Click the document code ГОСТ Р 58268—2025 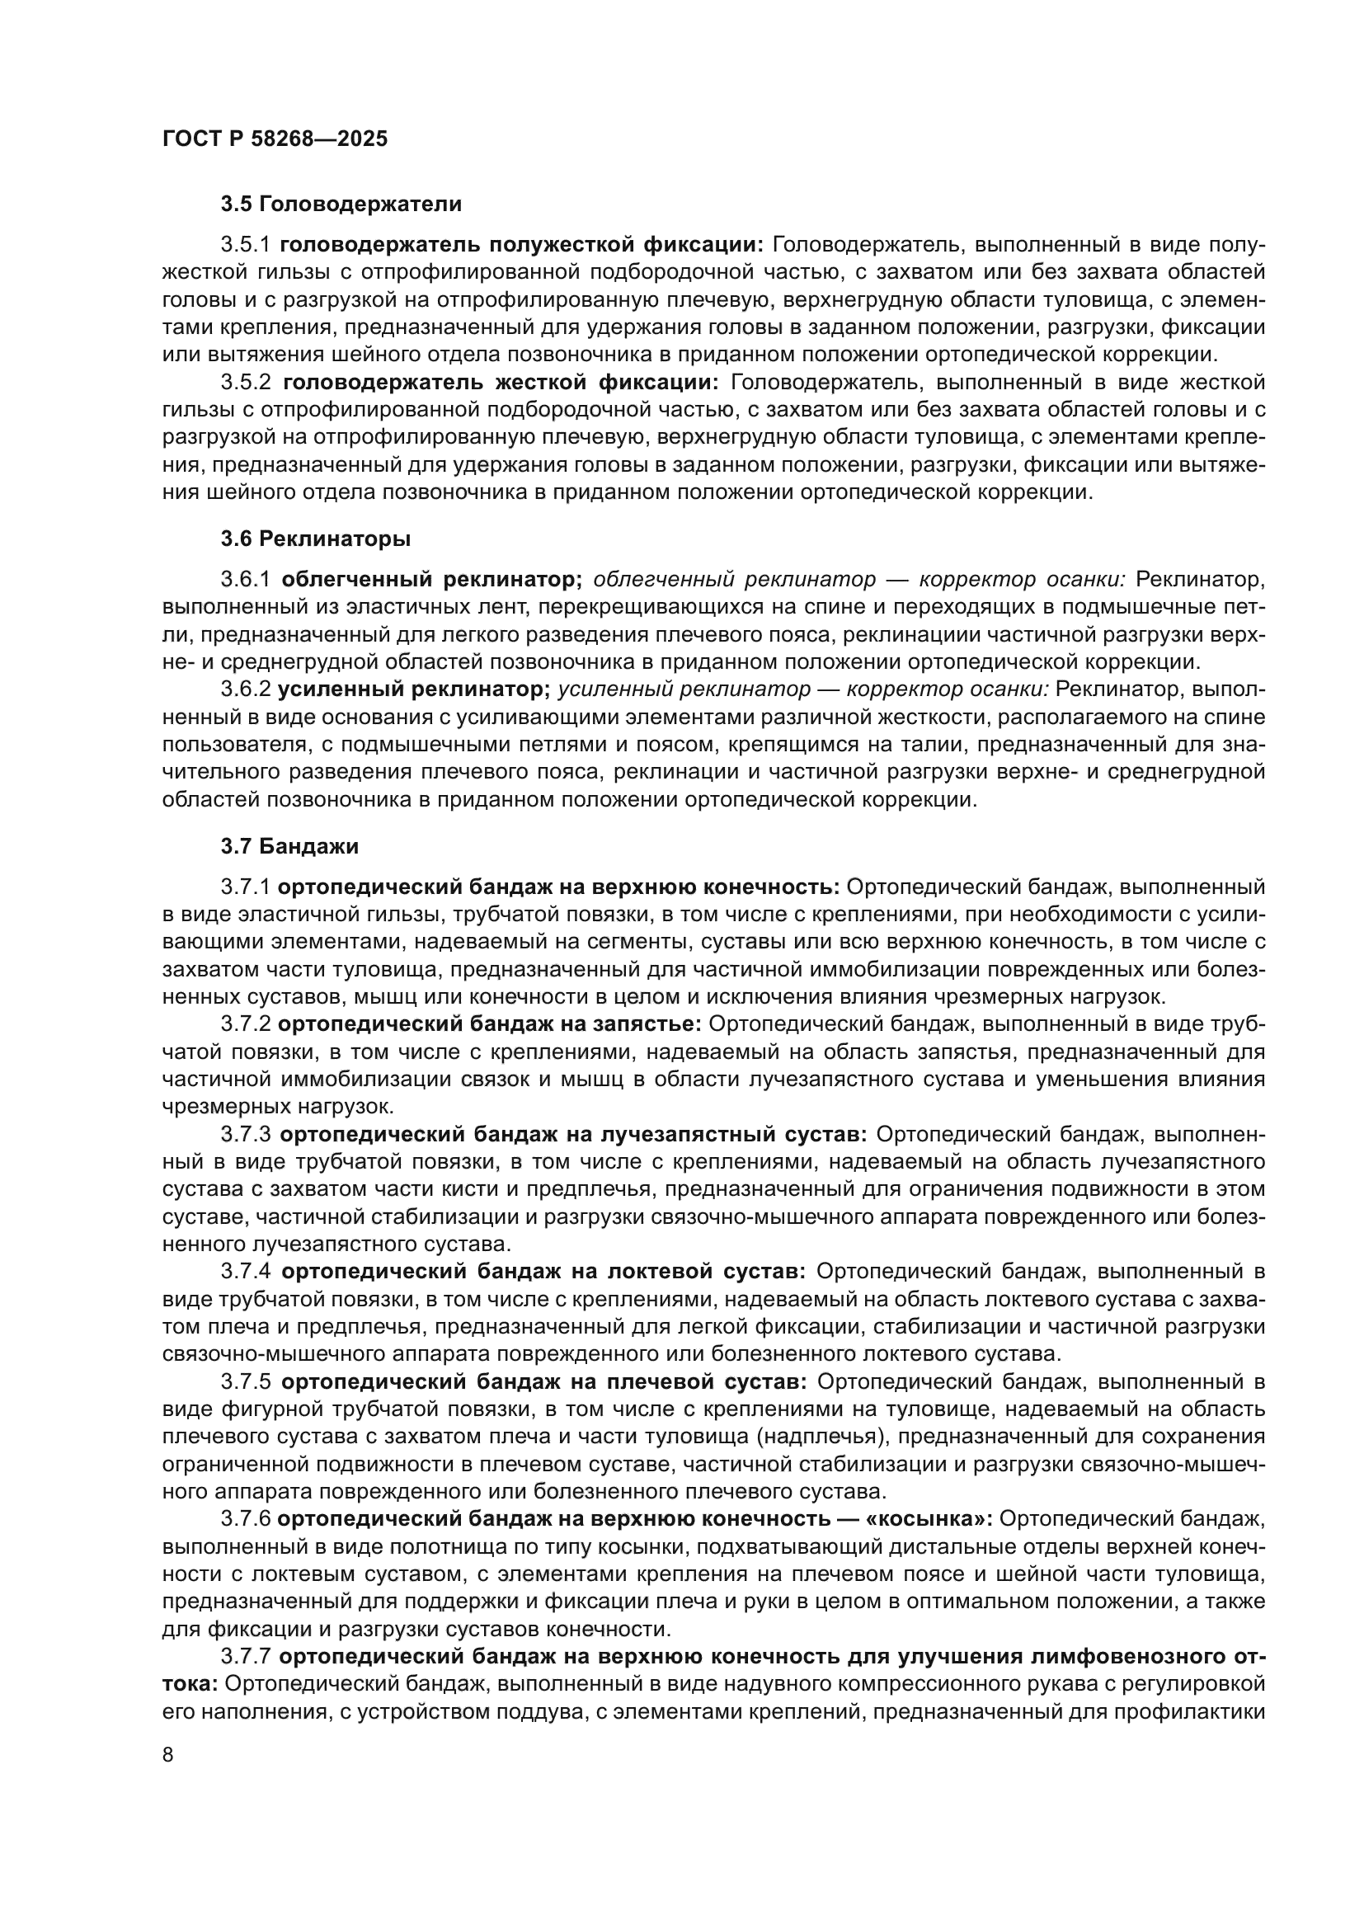(275, 139)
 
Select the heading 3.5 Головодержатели (341, 205)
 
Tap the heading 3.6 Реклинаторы (316, 539)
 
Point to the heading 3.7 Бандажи (289, 846)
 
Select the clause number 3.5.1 (246, 245)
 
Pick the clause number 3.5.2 (246, 383)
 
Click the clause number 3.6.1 (246, 580)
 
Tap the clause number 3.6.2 (245, 689)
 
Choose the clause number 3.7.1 (245, 887)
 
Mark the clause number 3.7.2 (245, 1024)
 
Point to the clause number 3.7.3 (246, 1134)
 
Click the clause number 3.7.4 (246, 1271)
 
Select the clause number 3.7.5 (246, 1381)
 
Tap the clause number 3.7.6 (245, 1518)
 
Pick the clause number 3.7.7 (245, 1656)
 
